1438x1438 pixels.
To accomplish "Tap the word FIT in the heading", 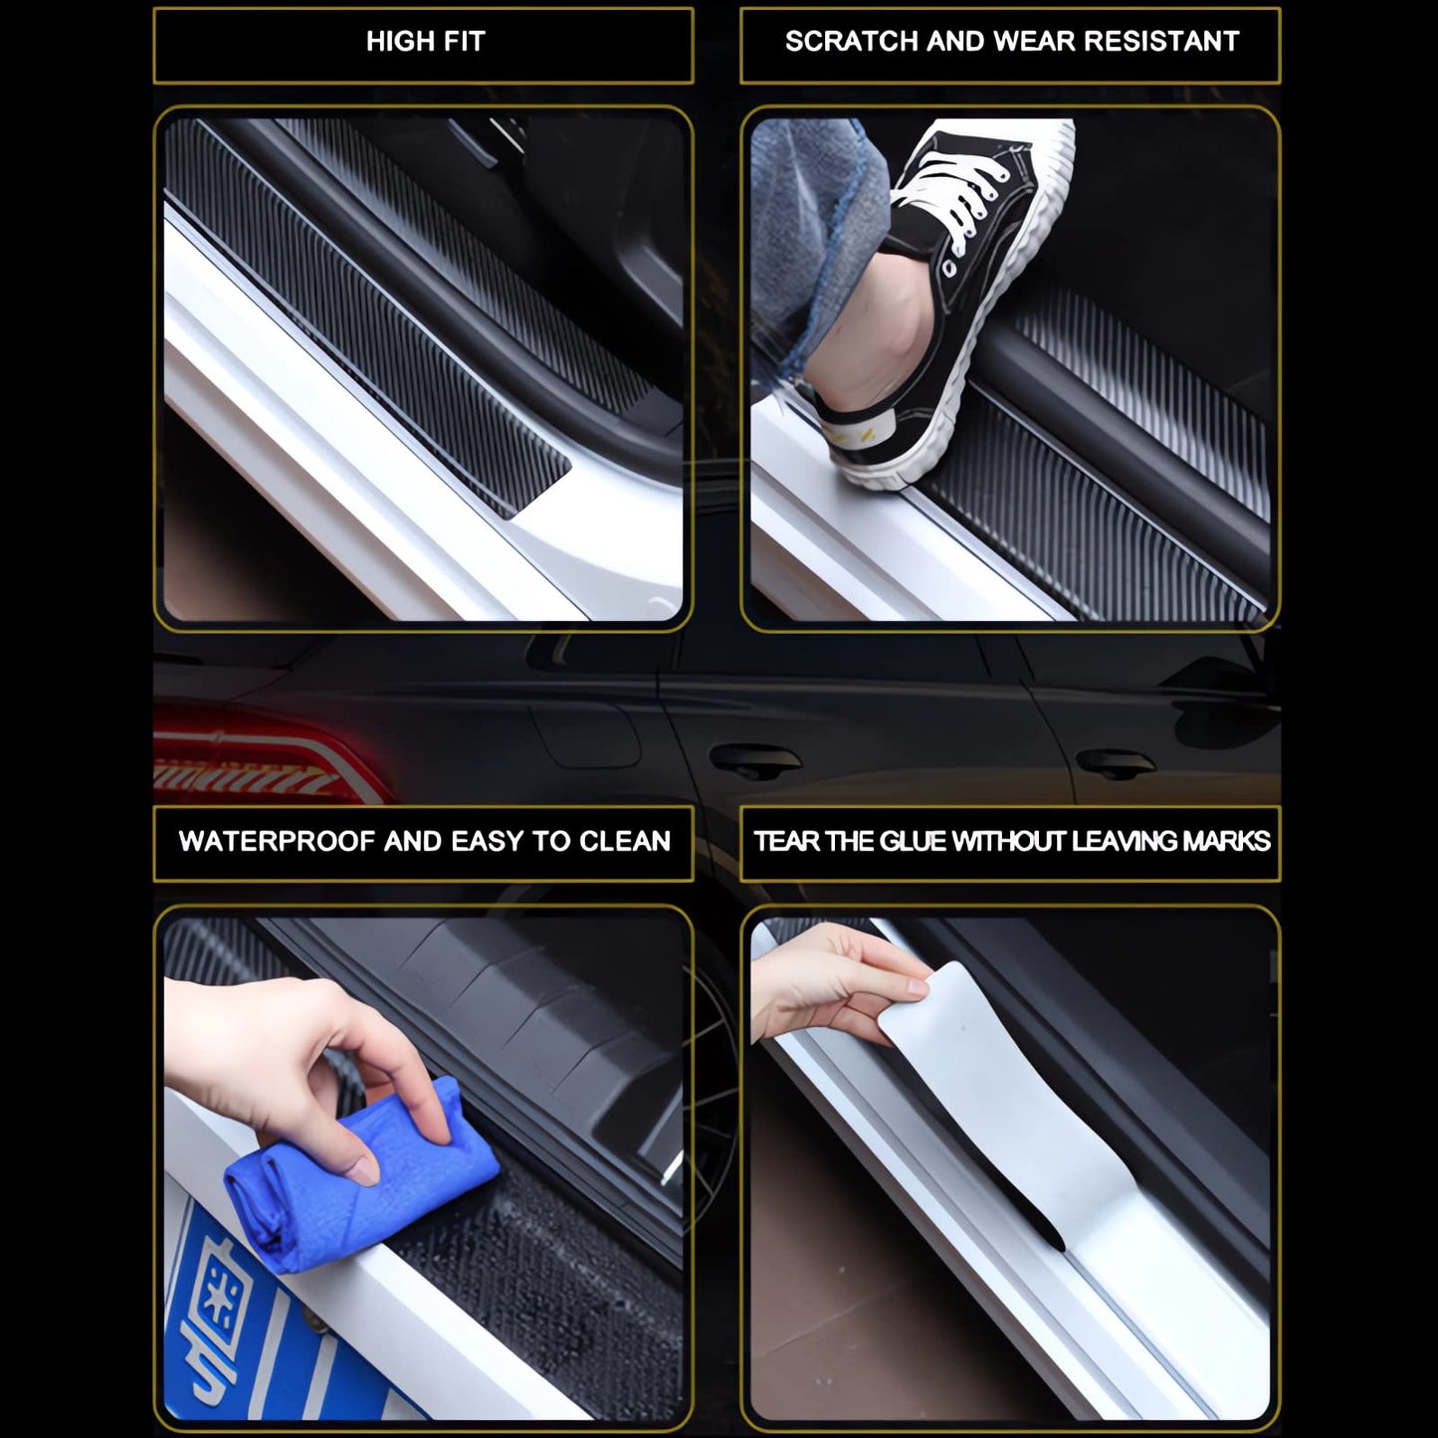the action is coord(464,41).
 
